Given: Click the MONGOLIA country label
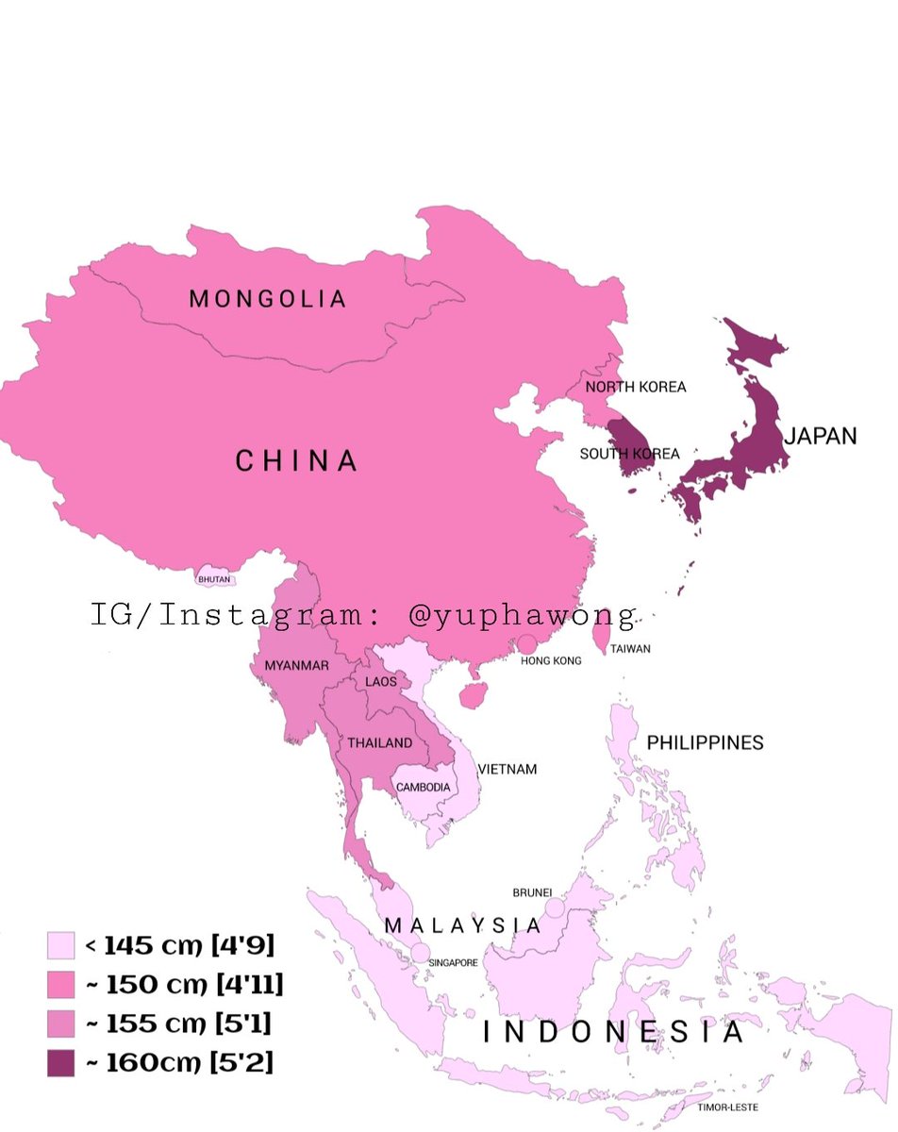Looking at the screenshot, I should (x=268, y=300).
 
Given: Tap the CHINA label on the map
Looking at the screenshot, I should (x=296, y=461).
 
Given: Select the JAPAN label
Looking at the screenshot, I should (x=821, y=436).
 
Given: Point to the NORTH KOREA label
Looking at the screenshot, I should (x=636, y=387).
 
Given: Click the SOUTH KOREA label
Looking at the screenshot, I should (x=629, y=454).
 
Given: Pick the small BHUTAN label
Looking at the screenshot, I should (x=214, y=579).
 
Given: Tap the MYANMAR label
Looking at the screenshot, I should (x=296, y=666).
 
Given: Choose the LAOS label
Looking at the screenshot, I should (x=381, y=681).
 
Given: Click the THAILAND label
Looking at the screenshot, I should (x=380, y=743).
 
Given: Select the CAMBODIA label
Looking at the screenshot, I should (x=423, y=787).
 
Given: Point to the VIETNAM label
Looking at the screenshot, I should (x=507, y=770).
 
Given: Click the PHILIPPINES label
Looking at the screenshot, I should (x=705, y=743).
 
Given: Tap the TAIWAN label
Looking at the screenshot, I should (x=630, y=649).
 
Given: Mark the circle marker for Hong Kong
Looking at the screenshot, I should (x=527, y=643).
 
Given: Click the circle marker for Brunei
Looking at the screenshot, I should (x=555, y=907).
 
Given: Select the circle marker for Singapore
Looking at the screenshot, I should (x=420, y=953).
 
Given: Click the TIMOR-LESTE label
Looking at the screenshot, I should (x=728, y=1107).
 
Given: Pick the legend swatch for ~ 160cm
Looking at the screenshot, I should (x=60, y=1062).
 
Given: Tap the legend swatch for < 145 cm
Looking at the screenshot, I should (x=60, y=944).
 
